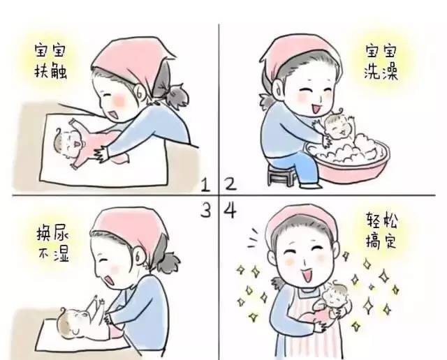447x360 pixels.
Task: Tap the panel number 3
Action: (x=206, y=210)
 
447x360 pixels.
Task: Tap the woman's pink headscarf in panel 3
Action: (x=126, y=227)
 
